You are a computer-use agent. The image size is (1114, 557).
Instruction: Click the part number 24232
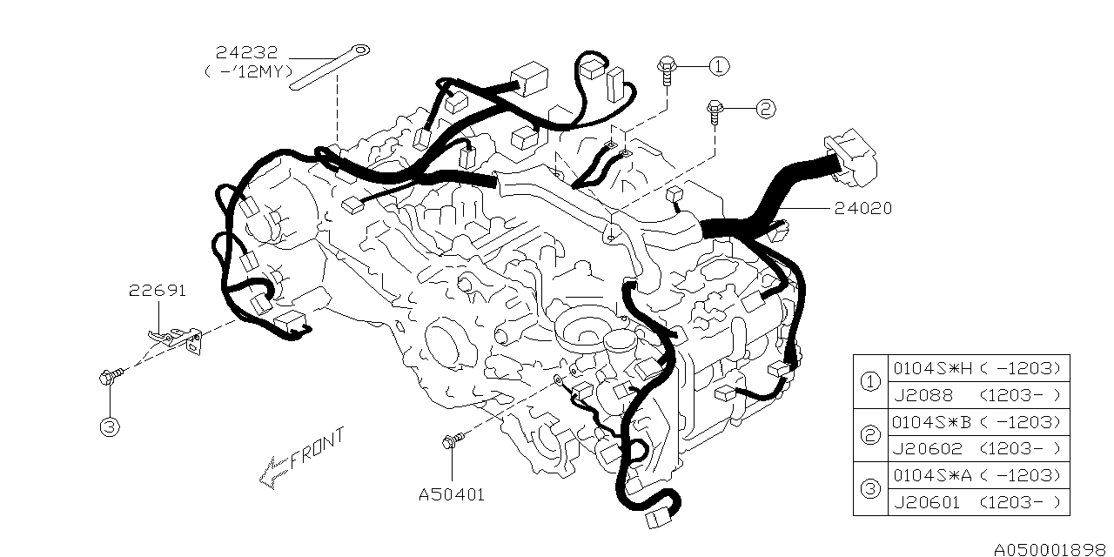247,53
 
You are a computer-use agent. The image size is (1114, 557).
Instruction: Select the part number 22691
158,291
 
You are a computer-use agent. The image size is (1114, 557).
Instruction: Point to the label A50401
451,494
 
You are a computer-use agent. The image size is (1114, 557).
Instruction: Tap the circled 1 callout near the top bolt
718,65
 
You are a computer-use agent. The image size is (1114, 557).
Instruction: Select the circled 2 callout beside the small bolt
764,109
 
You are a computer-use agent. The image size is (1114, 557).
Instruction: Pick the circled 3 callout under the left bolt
110,427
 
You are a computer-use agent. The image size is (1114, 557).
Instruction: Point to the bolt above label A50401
451,443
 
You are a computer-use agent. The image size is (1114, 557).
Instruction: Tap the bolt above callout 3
110,378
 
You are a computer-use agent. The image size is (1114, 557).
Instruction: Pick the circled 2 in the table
869,435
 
